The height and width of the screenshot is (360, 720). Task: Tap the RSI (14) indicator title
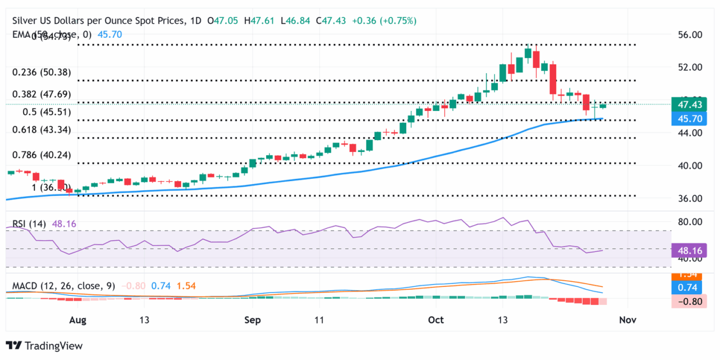click(x=29, y=224)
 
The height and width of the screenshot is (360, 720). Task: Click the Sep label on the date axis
click(x=253, y=320)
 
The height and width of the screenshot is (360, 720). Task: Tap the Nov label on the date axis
click(x=627, y=320)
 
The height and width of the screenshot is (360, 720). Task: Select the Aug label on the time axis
click(x=78, y=320)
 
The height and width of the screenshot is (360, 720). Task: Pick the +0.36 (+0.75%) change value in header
click(x=384, y=21)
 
